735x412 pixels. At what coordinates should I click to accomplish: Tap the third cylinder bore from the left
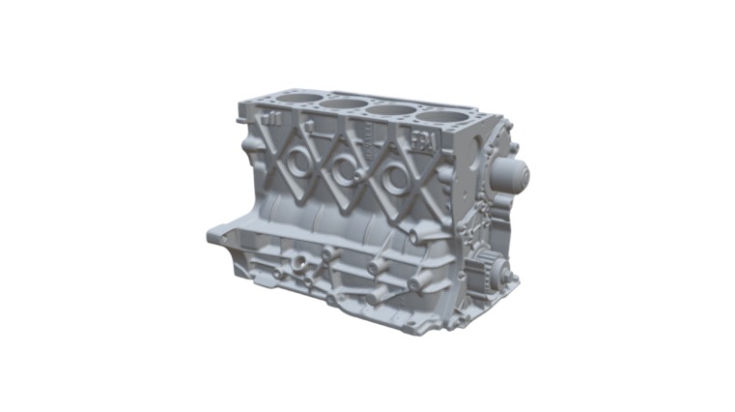pyautogui.click(x=390, y=109)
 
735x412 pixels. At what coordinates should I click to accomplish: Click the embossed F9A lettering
pyautogui.click(x=425, y=141)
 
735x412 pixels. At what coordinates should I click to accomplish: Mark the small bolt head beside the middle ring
pyautogui.click(x=358, y=177)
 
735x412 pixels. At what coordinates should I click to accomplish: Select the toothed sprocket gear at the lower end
pyautogui.click(x=490, y=267)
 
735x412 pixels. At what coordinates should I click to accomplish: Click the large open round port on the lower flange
pyautogui.click(x=300, y=262)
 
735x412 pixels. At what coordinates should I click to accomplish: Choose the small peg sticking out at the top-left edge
pyautogui.click(x=240, y=108)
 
